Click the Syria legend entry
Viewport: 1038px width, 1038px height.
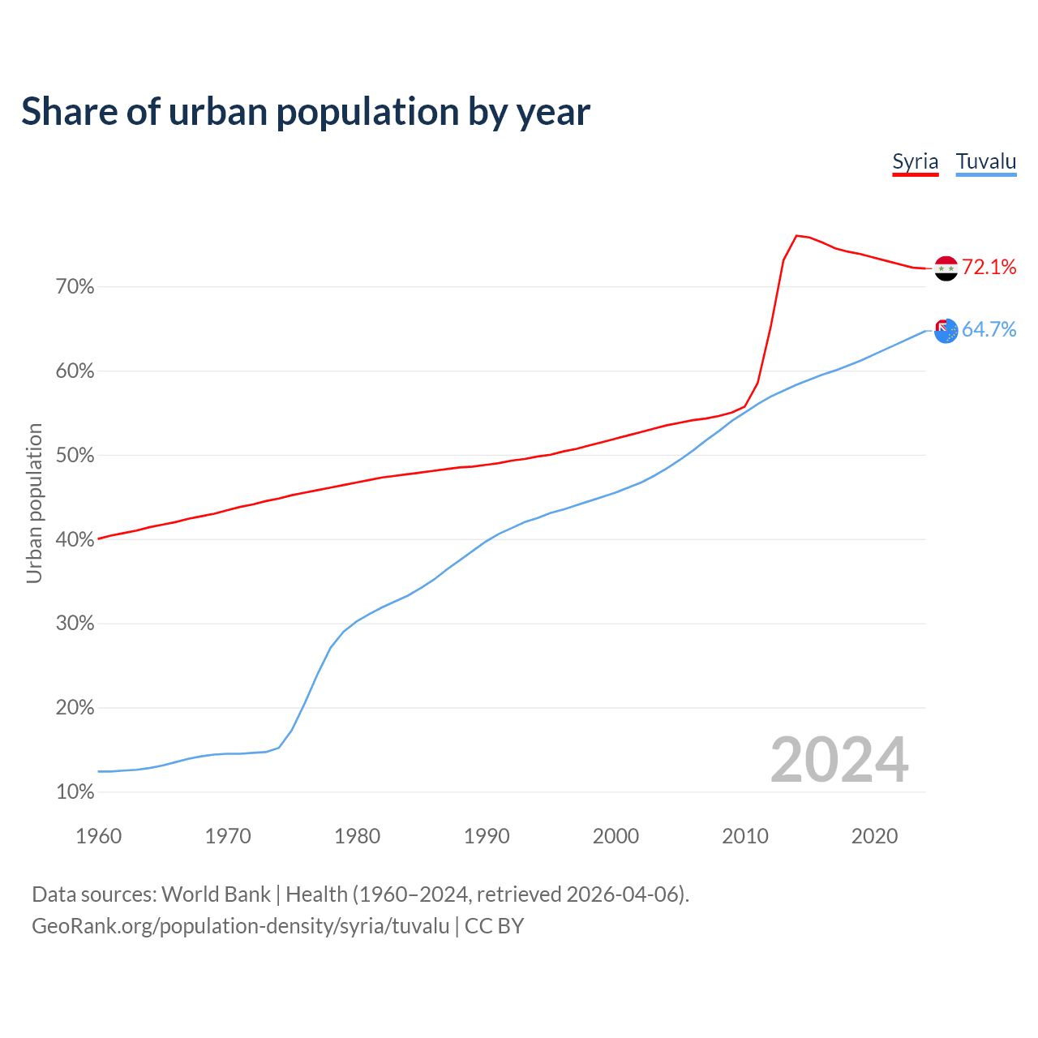[x=915, y=161]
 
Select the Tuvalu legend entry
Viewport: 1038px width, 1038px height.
[x=985, y=161]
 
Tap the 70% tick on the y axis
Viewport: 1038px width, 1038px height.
[x=75, y=287]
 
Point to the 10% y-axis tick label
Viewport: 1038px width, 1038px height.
[x=75, y=792]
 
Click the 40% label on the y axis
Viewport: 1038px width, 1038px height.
[x=75, y=539]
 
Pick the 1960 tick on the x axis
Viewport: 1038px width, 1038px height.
[x=98, y=836]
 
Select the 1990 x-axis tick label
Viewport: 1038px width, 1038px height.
[x=487, y=836]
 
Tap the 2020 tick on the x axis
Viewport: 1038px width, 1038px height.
[x=874, y=836]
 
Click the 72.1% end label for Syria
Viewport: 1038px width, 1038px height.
[x=989, y=268]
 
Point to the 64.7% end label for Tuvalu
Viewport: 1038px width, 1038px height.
[x=989, y=329]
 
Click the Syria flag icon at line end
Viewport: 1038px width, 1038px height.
[x=946, y=268]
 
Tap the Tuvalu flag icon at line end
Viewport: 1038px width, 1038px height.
[x=946, y=330]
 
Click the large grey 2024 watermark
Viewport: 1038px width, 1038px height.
[x=839, y=760]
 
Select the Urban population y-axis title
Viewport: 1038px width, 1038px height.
[x=34, y=503]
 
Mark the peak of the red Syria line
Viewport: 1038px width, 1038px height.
[x=796, y=236]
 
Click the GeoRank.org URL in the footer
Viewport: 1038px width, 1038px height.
[x=240, y=926]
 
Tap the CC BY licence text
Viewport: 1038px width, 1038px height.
[x=494, y=926]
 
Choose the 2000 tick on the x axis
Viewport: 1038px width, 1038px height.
[x=616, y=836]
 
